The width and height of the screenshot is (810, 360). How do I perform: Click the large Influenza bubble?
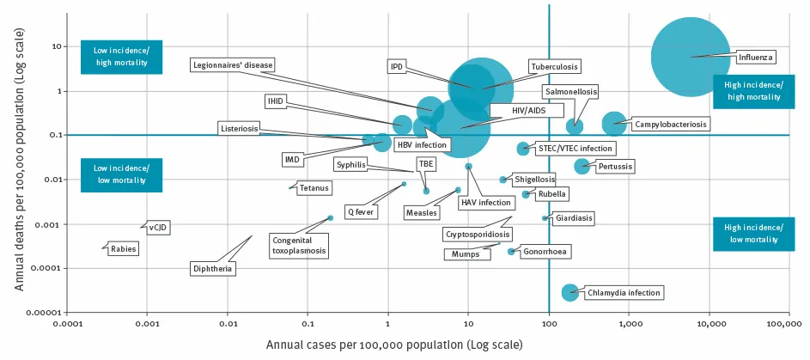pos(691,57)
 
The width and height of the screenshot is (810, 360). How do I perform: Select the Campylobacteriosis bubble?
pos(614,125)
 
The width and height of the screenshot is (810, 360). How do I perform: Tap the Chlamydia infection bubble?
pos(569,293)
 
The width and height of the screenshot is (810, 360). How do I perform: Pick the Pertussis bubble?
pos(582,166)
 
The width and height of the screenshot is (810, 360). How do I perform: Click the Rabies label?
pos(122,249)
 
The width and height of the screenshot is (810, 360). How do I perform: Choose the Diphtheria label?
pos(212,268)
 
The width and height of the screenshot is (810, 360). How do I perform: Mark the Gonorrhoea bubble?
pos(511,252)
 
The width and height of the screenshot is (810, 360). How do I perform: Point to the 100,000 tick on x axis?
pos(789,324)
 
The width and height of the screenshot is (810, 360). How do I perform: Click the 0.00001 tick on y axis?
pos(45,313)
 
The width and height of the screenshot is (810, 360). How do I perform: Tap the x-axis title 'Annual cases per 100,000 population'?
pos(394,345)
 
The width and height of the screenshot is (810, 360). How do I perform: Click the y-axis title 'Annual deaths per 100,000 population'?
pos(18,162)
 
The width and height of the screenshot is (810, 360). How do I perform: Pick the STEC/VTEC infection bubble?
pos(522,149)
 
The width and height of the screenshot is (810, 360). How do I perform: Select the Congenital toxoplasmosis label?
pos(298,245)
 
